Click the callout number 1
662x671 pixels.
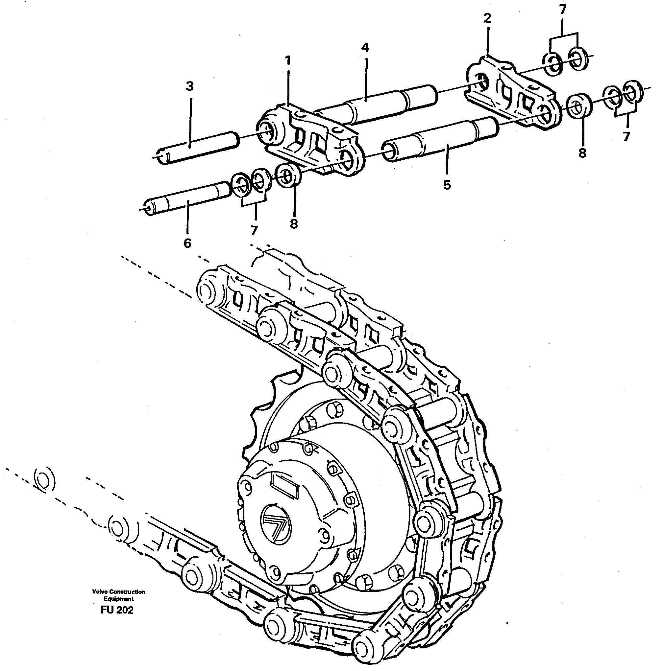click(287, 61)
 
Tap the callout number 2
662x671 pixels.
click(487, 18)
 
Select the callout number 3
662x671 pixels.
click(189, 86)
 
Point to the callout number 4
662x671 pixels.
click(365, 48)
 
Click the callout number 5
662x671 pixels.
click(447, 185)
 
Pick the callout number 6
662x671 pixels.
click(187, 243)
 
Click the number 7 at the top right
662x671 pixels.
click(563, 10)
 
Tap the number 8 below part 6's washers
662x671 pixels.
click(294, 224)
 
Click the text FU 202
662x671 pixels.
click(117, 610)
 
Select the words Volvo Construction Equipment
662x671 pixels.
click(118, 595)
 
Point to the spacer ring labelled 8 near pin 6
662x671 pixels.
click(288, 175)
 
